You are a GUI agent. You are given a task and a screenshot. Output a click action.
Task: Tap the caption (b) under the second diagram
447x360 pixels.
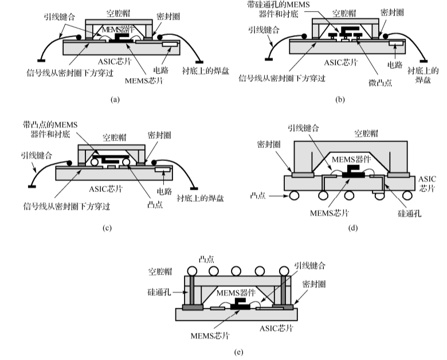click(x=340, y=99)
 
